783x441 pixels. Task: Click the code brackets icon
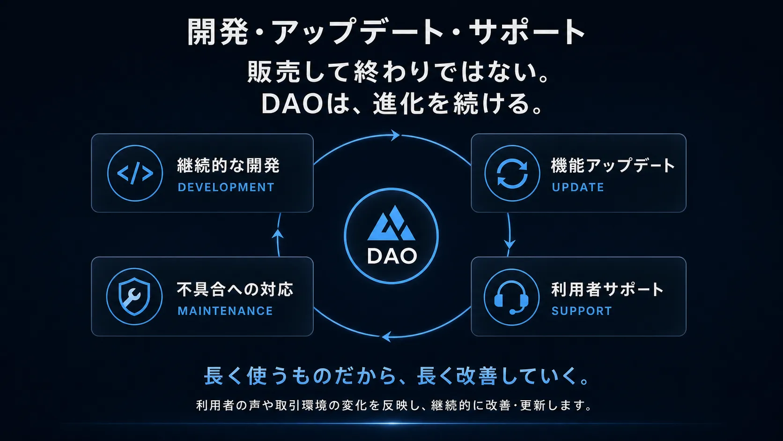tap(135, 173)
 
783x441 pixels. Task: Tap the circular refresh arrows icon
tap(512, 173)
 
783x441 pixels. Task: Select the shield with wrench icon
tap(134, 297)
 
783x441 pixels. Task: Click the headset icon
tap(511, 297)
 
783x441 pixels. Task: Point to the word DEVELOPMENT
tap(226, 187)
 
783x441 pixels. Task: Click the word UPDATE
tap(578, 187)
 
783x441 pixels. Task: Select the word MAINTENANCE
tap(225, 311)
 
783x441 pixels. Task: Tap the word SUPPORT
tap(582, 311)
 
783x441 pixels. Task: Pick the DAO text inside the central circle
tap(392, 256)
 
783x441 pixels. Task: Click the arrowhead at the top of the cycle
tap(395, 135)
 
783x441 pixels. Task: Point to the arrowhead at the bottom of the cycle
tap(386, 337)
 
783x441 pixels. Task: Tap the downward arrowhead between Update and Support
tap(510, 244)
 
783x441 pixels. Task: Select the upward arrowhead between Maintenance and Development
tap(278, 234)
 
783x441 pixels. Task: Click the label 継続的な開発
tap(228, 165)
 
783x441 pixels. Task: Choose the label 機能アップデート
tap(613, 165)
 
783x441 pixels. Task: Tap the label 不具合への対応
tap(235, 289)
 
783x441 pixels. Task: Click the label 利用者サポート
tap(607, 289)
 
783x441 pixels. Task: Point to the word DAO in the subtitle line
tap(292, 104)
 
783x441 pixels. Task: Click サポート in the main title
tap(527, 32)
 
